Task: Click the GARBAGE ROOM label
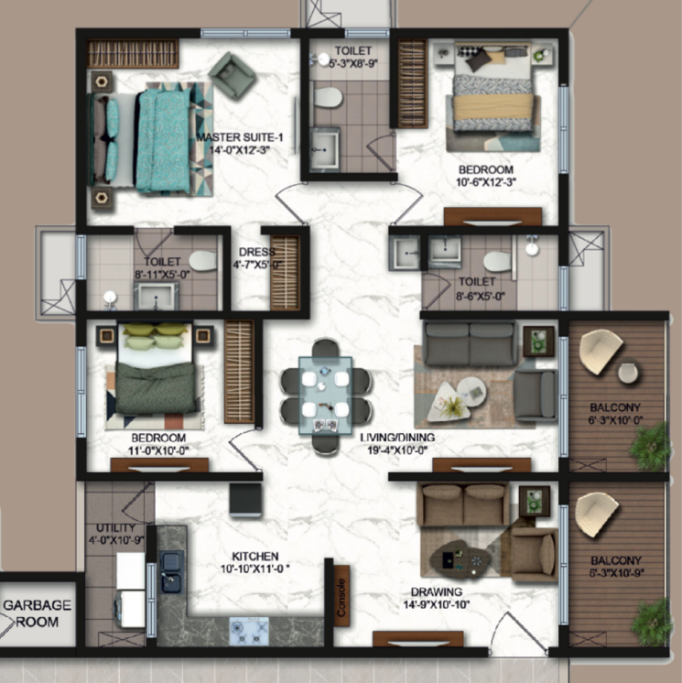(37, 613)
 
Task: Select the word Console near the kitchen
(341, 596)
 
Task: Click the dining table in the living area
(326, 395)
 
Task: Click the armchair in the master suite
(233, 76)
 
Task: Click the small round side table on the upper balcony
(627, 373)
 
